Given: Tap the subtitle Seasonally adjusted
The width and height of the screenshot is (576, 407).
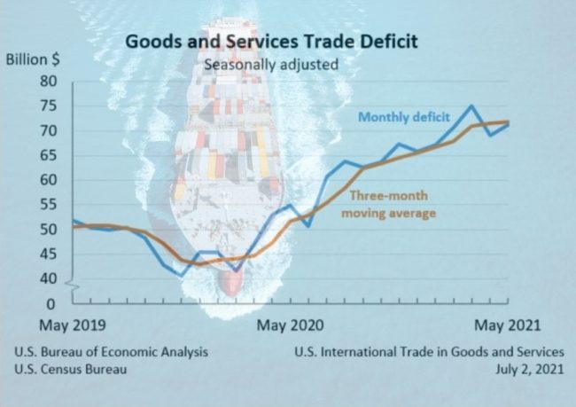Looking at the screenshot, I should (x=271, y=64).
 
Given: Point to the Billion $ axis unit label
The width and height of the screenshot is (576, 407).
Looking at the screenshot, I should (x=34, y=60).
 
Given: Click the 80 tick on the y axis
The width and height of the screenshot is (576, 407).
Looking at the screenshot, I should (x=50, y=82).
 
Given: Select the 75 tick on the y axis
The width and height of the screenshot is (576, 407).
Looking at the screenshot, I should (x=50, y=106).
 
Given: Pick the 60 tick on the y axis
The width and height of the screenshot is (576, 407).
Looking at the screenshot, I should (x=50, y=180).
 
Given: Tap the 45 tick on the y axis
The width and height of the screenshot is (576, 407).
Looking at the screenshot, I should (x=50, y=254).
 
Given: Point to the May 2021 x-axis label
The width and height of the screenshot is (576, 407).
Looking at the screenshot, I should (x=507, y=325).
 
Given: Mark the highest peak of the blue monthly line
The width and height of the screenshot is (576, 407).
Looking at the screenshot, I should (x=472, y=106).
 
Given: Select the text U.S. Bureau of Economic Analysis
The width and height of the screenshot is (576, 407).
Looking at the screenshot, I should (x=112, y=351).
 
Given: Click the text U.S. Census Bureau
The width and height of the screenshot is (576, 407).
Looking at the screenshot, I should (x=71, y=369).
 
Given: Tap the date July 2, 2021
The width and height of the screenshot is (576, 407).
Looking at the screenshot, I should (x=530, y=369).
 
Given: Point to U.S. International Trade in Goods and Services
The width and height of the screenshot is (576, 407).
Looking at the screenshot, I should (x=430, y=351).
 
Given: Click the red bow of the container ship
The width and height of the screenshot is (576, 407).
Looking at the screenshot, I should (x=231, y=282).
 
